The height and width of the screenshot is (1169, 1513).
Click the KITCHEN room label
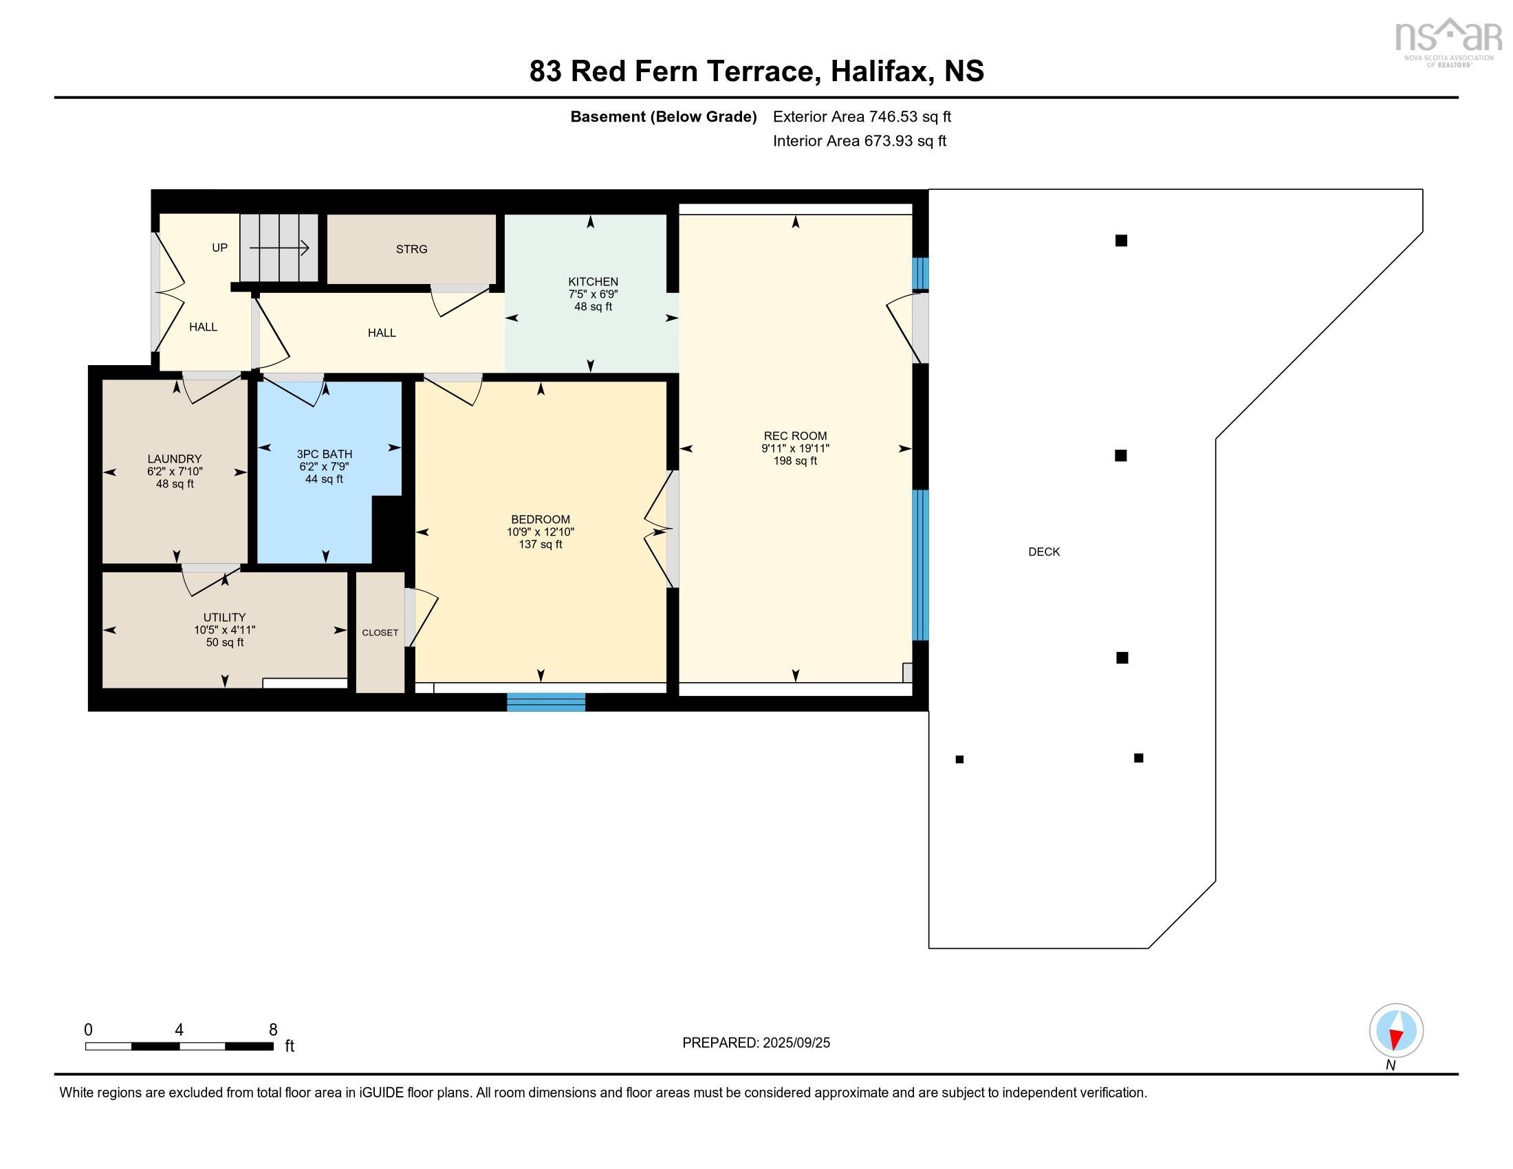[x=592, y=281]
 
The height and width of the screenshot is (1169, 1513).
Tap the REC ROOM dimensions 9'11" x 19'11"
[x=794, y=448]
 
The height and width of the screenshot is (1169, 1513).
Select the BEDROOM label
[x=541, y=519]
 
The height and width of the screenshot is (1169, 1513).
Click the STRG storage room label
[x=411, y=250]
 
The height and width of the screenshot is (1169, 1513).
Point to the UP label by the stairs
[x=219, y=248]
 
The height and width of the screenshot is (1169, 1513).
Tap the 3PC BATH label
[x=324, y=455]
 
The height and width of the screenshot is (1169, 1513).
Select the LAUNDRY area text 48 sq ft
[x=175, y=484]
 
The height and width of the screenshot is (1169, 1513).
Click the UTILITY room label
[x=224, y=617]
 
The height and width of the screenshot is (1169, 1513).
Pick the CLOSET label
[x=380, y=632]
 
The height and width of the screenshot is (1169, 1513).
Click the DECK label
[x=1043, y=552]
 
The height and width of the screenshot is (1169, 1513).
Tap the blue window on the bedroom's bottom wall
[x=546, y=701]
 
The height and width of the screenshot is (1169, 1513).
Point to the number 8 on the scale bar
[x=273, y=1029]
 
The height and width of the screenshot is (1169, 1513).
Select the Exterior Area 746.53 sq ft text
[x=861, y=116]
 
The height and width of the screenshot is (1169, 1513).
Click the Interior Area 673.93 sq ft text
[x=859, y=140]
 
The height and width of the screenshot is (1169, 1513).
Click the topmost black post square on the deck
[x=1120, y=240]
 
